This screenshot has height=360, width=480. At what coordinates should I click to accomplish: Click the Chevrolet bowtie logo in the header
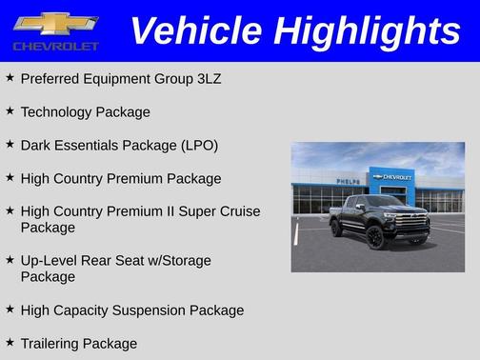click(55, 24)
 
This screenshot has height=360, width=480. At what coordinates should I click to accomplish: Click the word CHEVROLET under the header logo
click(55, 46)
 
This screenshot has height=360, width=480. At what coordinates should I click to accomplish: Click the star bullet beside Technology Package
click(10, 111)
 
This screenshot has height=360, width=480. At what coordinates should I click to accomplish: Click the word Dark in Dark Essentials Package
click(36, 145)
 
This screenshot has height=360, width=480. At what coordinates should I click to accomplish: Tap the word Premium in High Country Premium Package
click(137, 178)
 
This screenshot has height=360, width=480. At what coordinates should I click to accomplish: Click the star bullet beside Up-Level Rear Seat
click(10, 259)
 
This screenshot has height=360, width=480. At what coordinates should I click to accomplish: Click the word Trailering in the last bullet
click(50, 343)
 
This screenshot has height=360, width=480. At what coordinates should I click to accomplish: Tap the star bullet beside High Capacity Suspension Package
click(10, 310)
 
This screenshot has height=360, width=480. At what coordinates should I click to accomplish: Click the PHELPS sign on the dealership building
click(348, 181)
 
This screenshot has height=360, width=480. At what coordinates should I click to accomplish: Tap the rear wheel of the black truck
click(336, 228)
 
